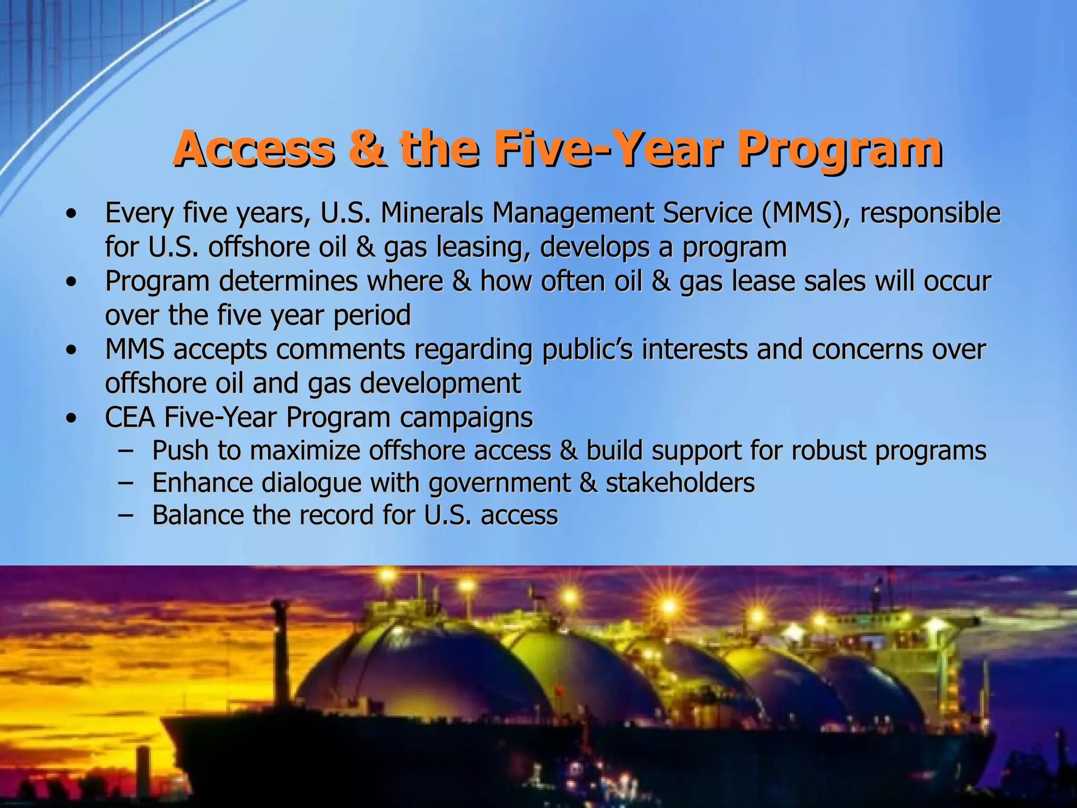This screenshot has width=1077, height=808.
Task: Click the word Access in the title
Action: coord(253,149)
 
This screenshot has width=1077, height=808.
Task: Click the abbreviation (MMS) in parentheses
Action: coord(804,213)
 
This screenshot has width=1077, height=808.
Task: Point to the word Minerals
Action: coord(431,213)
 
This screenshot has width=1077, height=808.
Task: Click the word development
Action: coord(440,383)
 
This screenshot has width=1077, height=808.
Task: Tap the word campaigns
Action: coord(466,418)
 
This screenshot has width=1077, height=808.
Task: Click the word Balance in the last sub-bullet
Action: coord(198,515)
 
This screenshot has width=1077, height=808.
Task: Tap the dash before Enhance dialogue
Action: coord(125,483)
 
